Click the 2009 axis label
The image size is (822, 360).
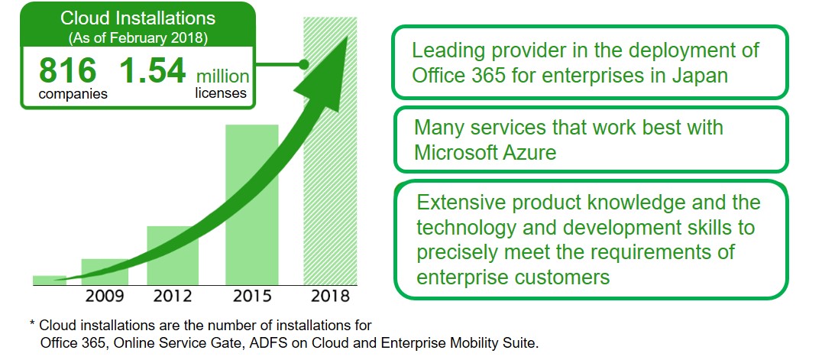pyautogui.click(x=105, y=296)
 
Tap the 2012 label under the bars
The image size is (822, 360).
pyautogui.click(x=173, y=296)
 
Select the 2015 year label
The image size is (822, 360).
pyautogui.click(x=252, y=296)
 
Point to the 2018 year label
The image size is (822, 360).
pyautogui.click(x=330, y=296)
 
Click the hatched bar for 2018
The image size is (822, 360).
pyautogui.click(x=330, y=151)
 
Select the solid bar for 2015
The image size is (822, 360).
pyautogui.click(x=251, y=205)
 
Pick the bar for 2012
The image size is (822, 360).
pyautogui.click(x=173, y=255)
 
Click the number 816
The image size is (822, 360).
pyautogui.click(x=68, y=71)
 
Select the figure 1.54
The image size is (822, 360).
pyautogui.click(x=153, y=71)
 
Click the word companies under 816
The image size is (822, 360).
pyautogui.click(x=73, y=95)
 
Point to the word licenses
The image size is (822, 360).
pyautogui.click(x=221, y=93)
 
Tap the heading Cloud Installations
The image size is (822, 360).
pyautogui.click(x=138, y=18)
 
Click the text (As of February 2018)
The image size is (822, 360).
pyautogui.click(x=138, y=38)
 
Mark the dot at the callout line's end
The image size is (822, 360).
pyautogui.click(x=303, y=64)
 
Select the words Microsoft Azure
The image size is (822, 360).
pyautogui.click(x=485, y=153)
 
